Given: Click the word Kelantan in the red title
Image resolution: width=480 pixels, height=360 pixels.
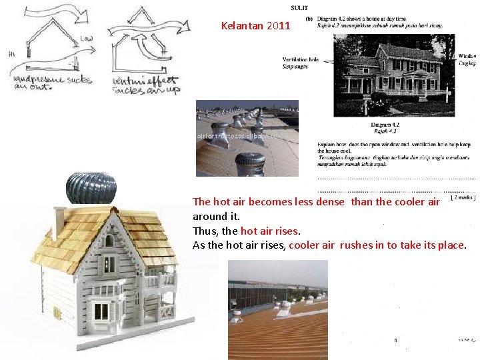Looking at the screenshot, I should pos(242,27).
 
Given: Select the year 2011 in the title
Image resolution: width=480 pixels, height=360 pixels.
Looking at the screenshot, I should pos(279,27).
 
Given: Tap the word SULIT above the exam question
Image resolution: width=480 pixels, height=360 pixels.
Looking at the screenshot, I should pos(299,8).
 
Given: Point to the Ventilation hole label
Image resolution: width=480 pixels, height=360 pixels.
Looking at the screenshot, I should pos(301,59).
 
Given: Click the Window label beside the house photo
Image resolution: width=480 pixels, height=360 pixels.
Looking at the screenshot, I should pos(467,56).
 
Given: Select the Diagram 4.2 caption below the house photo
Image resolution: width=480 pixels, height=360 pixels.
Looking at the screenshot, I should pos(385,125).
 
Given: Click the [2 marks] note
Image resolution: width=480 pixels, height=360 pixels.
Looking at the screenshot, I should pos(463,197).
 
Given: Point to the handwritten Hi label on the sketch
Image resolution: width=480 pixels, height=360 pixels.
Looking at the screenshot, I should pos(12,53).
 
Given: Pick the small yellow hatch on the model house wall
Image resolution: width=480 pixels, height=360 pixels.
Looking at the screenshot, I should pos(56,312).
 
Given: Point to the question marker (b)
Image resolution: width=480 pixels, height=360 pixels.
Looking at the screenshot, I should pos(309,19).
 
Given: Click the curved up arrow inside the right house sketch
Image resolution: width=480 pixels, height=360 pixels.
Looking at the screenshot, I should pos(143,50).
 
